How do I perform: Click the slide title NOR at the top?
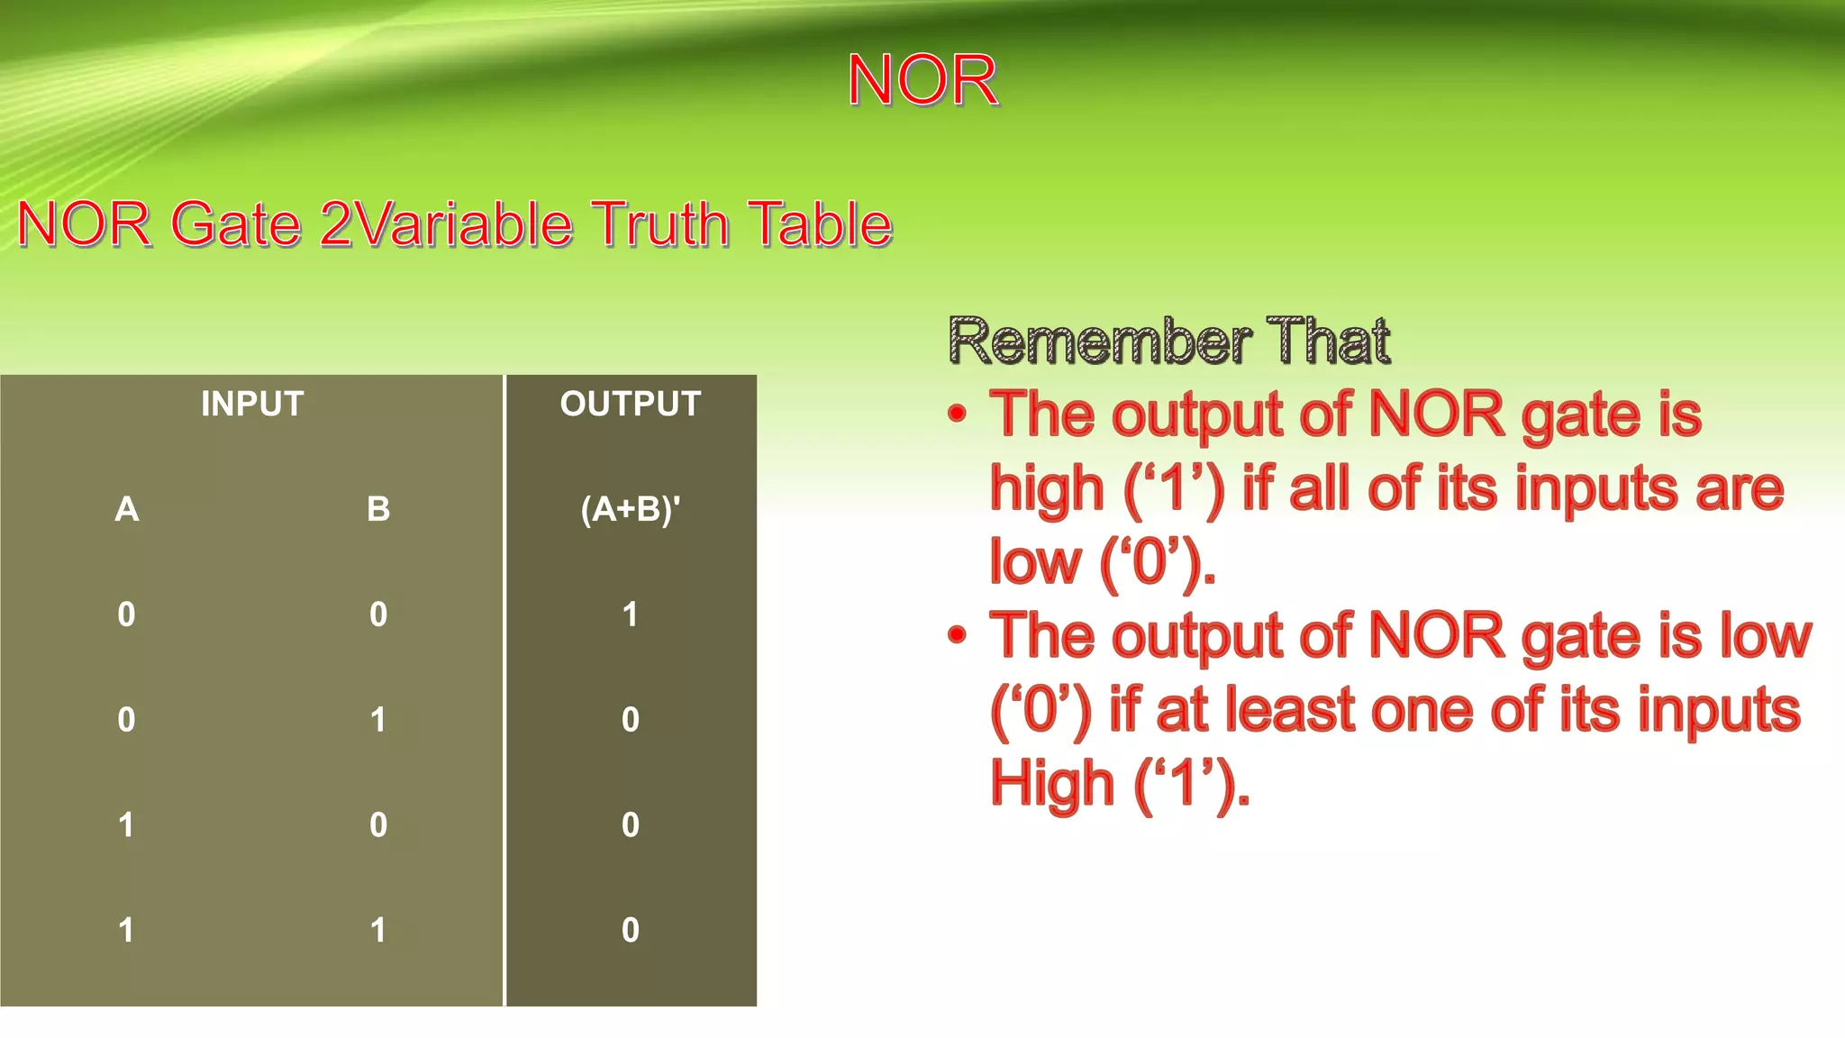coord(922,80)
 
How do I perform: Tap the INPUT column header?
coord(252,404)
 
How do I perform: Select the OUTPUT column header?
coord(631,404)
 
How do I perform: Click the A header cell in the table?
coord(127,509)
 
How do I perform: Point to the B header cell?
coord(378,509)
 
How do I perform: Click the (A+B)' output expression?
coord(631,509)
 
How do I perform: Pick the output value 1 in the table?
coord(631,615)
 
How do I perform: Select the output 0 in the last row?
coord(631,930)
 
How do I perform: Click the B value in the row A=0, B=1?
coord(378,720)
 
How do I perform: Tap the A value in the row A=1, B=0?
coord(127,825)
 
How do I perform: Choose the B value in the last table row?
coord(378,930)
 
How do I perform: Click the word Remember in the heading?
coord(1099,341)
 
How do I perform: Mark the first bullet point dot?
coord(957,414)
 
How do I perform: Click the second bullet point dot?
coord(957,635)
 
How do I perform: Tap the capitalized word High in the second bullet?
coord(1051,783)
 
